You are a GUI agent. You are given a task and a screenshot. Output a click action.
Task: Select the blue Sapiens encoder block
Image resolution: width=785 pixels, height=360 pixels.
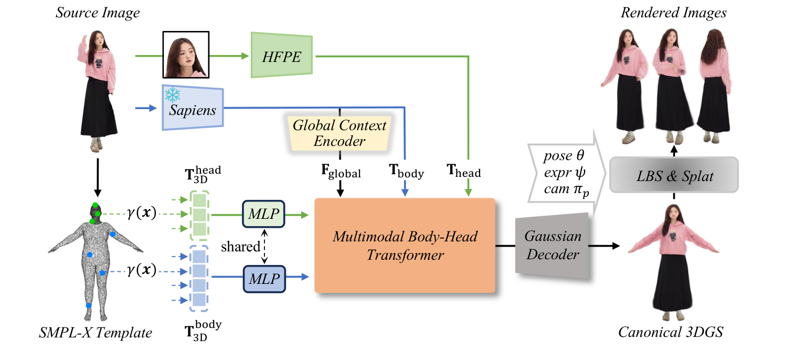(x=193, y=108)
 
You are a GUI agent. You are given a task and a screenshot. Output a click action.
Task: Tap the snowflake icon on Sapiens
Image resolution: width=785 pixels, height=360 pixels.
(x=173, y=94)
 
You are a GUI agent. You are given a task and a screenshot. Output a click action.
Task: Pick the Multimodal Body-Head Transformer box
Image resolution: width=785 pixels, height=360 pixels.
(x=405, y=246)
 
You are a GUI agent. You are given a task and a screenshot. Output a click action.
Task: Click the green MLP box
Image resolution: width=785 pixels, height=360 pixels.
(x=263, y=214)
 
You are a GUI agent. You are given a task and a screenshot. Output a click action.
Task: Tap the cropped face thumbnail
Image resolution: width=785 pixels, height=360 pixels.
(x=186, y=55)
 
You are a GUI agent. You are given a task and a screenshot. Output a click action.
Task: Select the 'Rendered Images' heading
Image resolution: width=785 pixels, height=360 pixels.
(x=673, y=13)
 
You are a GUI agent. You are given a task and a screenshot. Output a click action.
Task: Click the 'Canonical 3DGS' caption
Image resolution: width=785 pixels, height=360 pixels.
(x=673, y=332)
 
